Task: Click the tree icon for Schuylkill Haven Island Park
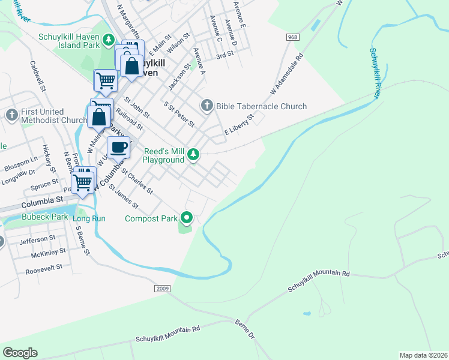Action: point(109,40)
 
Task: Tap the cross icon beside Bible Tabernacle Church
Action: point(207,106)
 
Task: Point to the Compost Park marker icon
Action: point(187,218)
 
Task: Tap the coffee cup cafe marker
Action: point(118,147)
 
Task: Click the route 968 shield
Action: point(292,37)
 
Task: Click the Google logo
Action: point(20,352)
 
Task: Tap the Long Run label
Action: point(89,218)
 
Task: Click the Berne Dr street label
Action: point(244,329)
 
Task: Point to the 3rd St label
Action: point(224,54)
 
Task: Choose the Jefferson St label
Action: point(37,239)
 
